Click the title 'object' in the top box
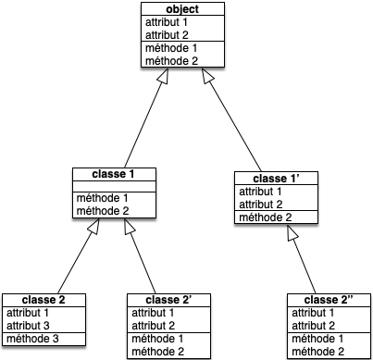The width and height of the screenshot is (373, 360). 183,9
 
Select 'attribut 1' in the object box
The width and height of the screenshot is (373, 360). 168,21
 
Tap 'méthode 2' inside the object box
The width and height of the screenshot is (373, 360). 168,60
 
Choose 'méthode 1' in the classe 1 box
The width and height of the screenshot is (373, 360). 101,198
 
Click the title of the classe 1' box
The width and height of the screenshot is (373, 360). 276,178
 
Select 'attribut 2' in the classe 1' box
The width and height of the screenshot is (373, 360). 260,204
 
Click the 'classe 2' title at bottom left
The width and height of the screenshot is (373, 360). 44,300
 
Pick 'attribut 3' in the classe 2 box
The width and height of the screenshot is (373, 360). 28,326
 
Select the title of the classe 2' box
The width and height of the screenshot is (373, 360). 168,300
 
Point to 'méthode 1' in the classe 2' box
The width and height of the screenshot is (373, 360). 152,339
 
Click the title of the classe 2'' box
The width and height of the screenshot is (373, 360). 329,300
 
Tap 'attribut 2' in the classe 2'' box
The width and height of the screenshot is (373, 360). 313,326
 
